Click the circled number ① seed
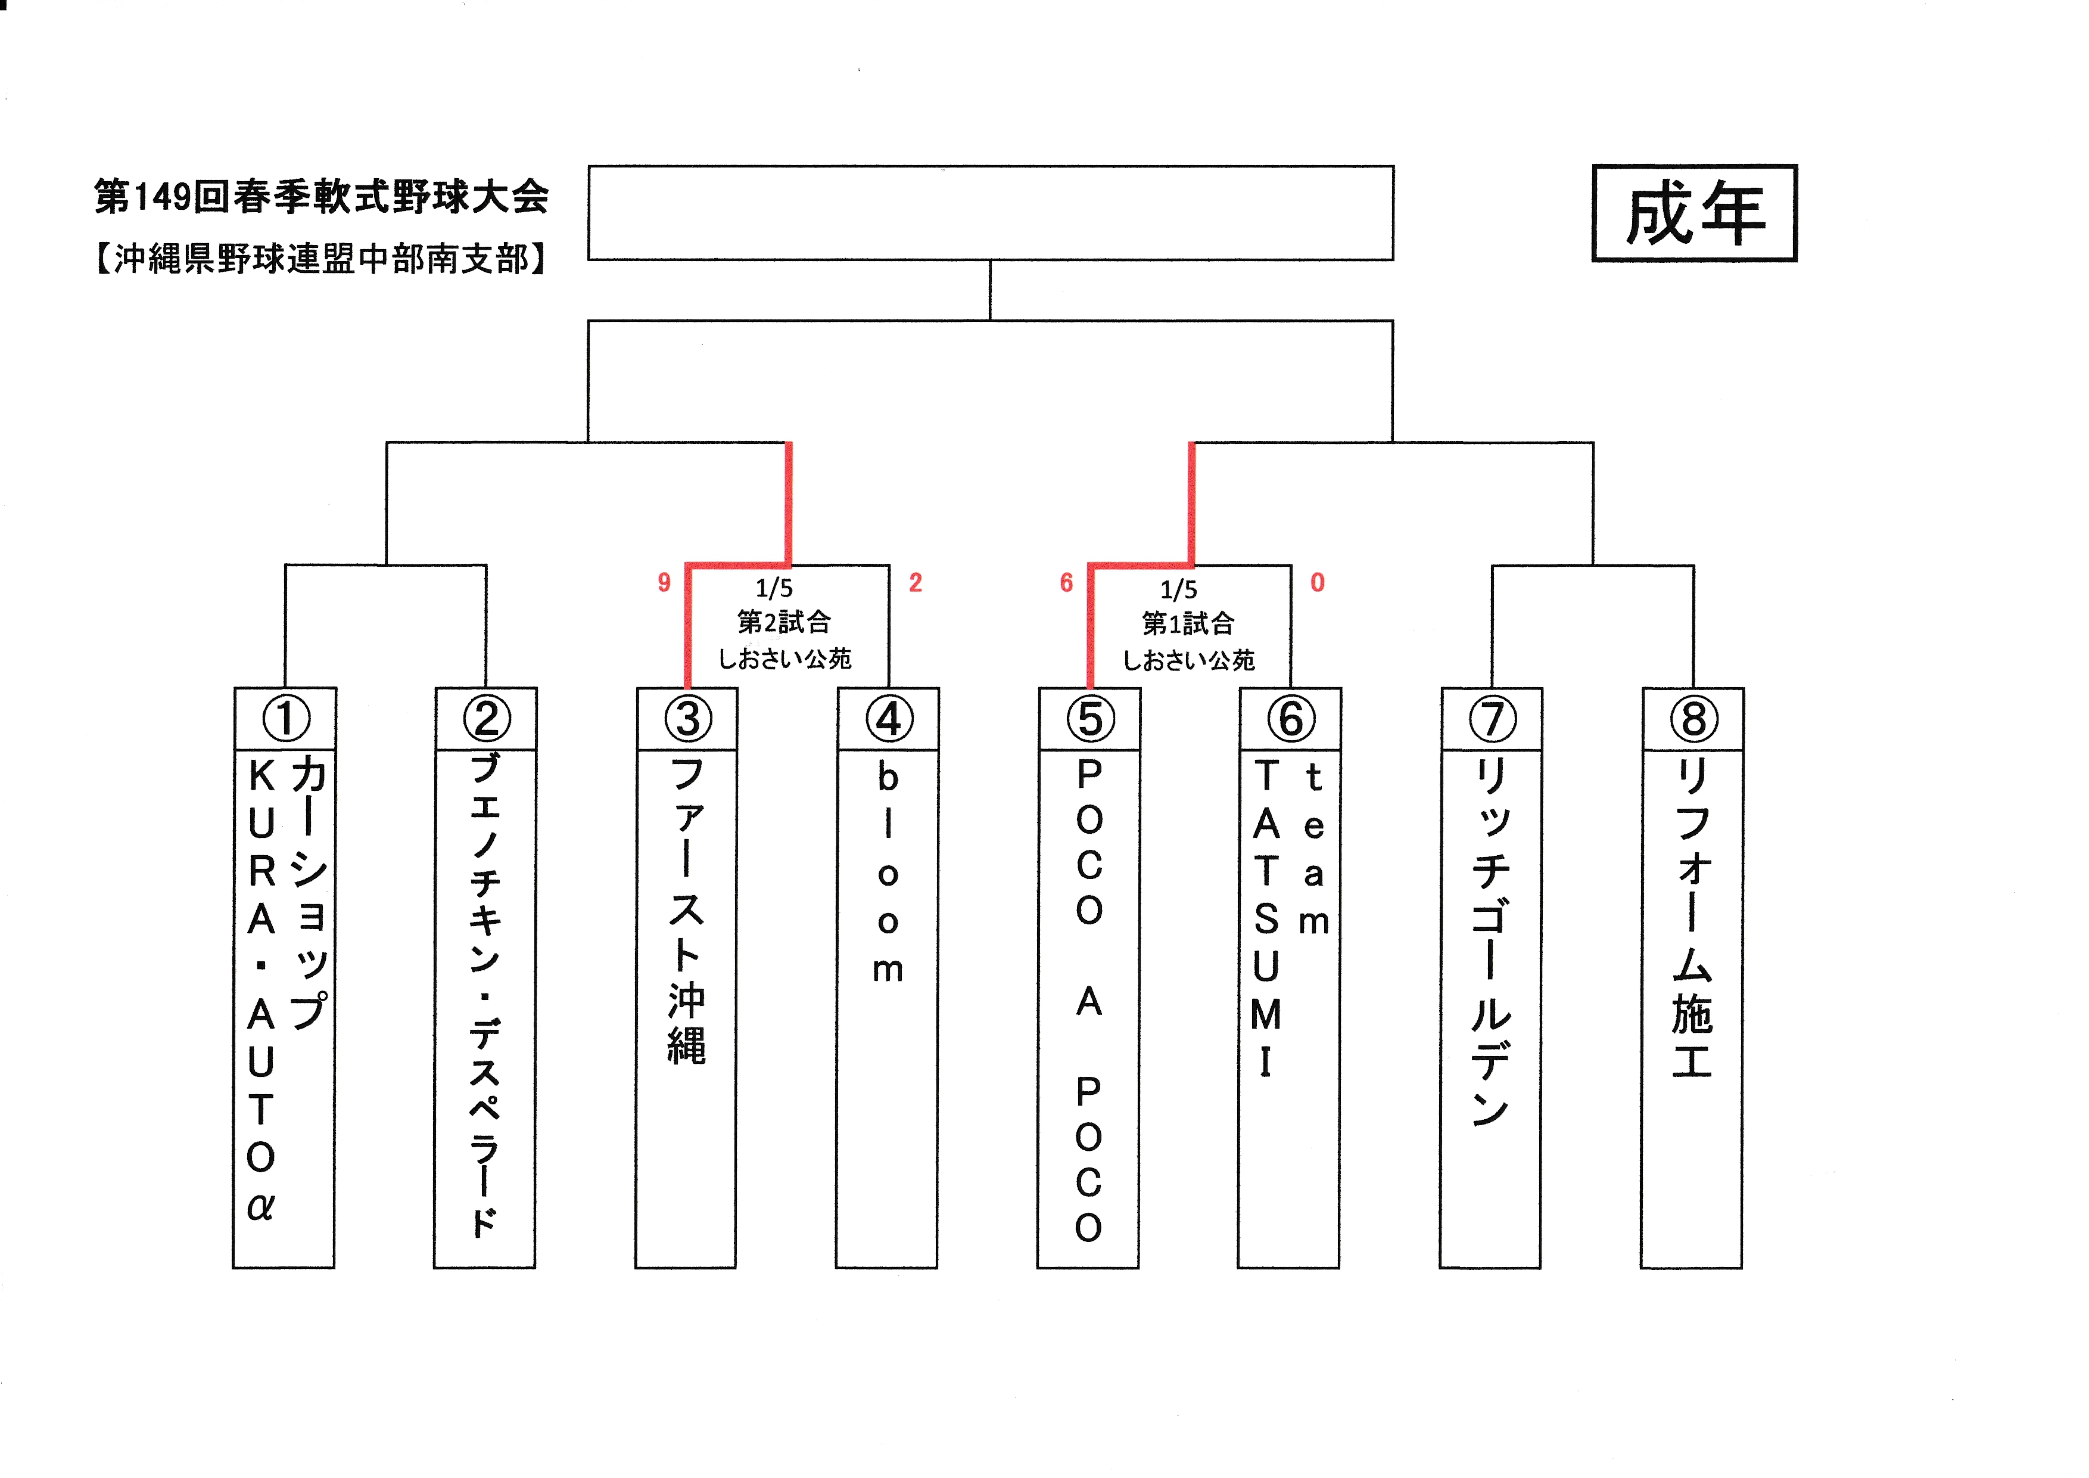click(x=286, y=718)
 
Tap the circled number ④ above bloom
click(x=888, y=718)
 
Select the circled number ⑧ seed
click(x=1693, y=718)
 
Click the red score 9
click(x=664, y=582)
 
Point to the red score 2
click(x=916, y=582)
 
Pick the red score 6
click(x=1066, y=582)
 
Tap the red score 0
click(x=1318, y=582)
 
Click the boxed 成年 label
click(x=1694, y=213)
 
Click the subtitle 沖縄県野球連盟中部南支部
click(x=321, y=259)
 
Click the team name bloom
click(x=888, y=872)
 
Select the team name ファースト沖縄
click(x=687, y=910)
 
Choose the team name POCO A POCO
click(x=1089, y=999)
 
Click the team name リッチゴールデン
click(x=1491, y=943)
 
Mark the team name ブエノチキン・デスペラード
click(x=485, y=994)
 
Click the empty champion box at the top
click(x=991, y=213)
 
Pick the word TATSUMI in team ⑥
click(x=1266, y=917)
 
